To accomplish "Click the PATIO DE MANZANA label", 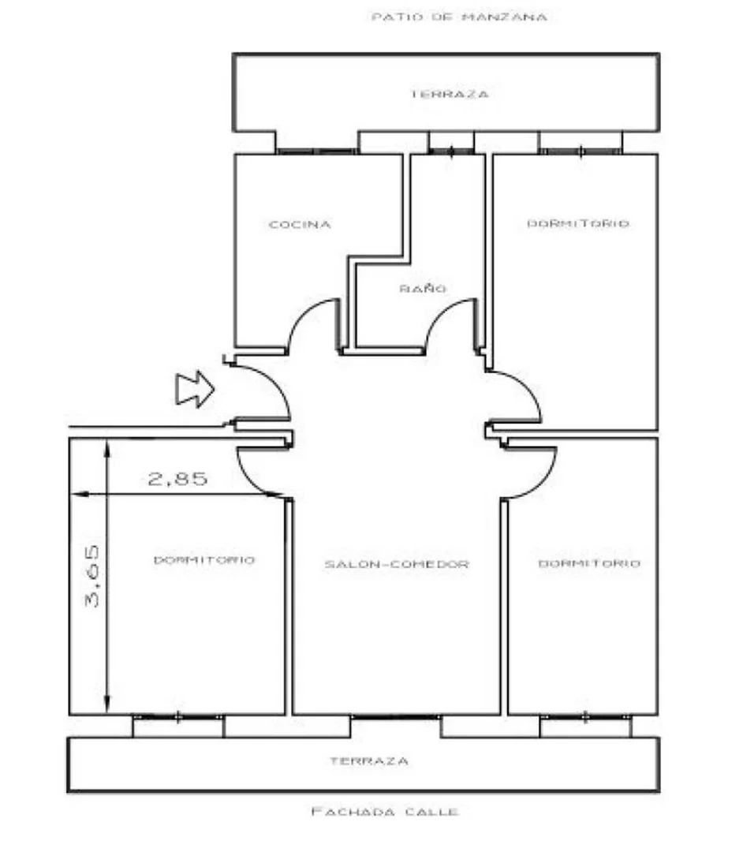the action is [459, 17].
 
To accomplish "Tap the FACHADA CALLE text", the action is [385, 812].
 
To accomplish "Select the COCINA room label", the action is [300, 224].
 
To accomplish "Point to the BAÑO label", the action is [423, 288].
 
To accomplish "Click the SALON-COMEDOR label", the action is [397, 564].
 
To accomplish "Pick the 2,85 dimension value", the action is [177, 479].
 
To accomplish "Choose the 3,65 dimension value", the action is [92, 576].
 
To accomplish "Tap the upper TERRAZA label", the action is [449, 94].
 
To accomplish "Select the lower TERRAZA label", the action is [369, 761].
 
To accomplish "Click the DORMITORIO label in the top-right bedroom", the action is [578, 223].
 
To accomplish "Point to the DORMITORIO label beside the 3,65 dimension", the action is [204, 559].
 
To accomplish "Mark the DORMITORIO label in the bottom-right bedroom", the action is [589, 563].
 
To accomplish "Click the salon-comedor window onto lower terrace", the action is [395, 717].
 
